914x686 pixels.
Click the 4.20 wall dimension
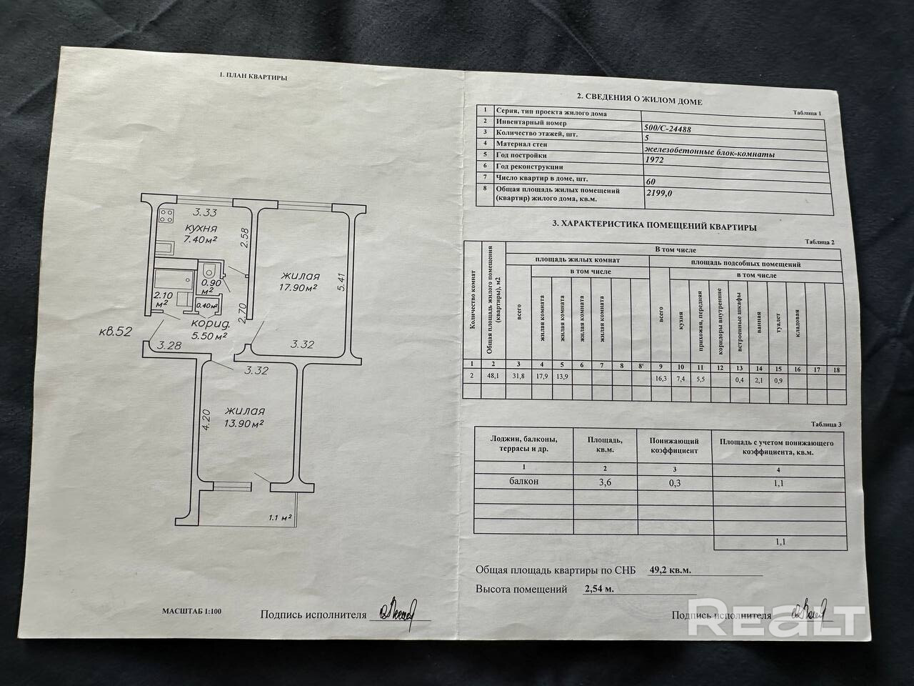click(x=206, y=418)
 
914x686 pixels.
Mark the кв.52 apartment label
click(x=117, y=332)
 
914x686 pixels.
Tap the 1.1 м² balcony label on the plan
click(x=280, y=517)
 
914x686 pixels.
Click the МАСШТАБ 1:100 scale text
click(x=191, y=612)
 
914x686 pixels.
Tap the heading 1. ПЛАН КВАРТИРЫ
click(x=253, y=76)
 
